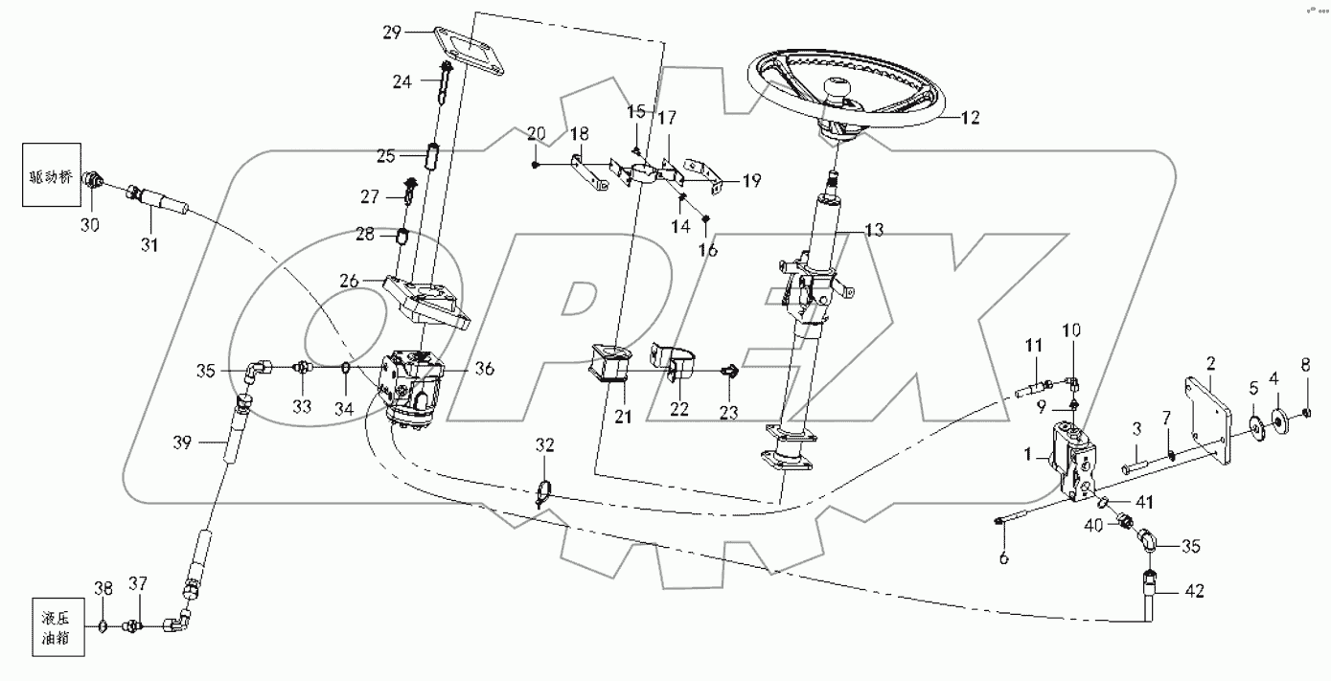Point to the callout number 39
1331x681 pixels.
[x=182, y=443]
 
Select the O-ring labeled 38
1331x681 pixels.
[x=102, y=627]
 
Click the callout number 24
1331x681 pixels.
[x=402, y=82]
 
